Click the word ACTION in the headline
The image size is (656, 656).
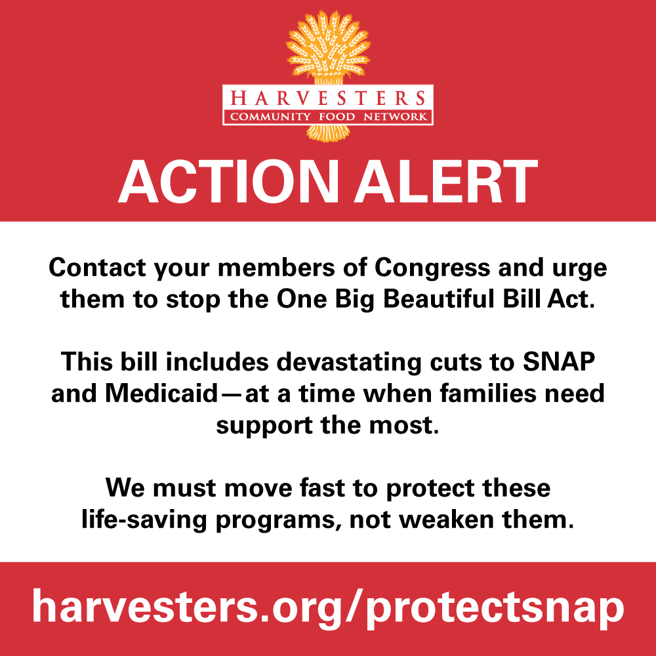228,182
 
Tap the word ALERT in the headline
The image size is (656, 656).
446,182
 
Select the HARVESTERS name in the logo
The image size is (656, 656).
327,98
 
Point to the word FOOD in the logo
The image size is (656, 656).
337,116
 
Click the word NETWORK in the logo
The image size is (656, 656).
396,116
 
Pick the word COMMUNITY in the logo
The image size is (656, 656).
270,116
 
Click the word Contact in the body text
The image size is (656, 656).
98,267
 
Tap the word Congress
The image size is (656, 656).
432,268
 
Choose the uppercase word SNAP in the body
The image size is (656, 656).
559,361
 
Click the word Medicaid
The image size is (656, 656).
161,393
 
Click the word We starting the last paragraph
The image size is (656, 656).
125,487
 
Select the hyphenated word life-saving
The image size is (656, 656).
144,520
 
